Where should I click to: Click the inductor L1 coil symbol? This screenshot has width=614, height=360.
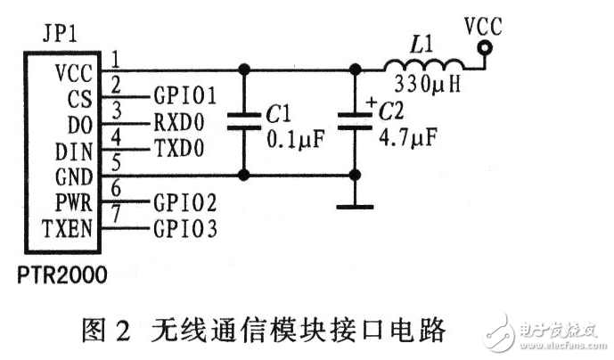tap(424, 65)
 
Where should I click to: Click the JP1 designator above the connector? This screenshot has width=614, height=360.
tap(60, 34)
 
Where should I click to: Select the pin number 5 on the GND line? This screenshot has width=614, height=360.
tap(117, 165)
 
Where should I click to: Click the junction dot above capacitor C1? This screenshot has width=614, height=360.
tap(242, 69)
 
